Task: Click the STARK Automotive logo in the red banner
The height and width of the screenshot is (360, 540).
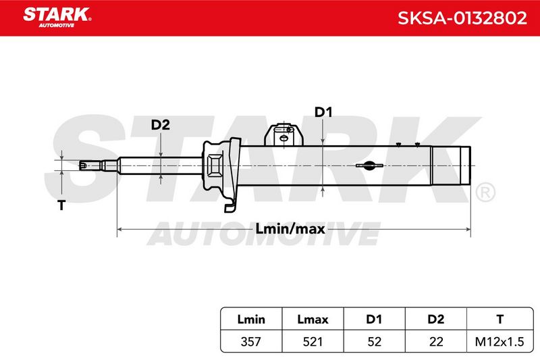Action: pos(57,18)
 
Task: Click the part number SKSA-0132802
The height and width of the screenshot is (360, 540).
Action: pos(462,18)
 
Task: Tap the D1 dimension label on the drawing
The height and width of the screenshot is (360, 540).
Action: pos(323,112)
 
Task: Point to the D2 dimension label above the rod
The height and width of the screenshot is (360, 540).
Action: pos(161,125)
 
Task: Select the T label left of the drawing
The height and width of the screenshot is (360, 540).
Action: pos(61,205)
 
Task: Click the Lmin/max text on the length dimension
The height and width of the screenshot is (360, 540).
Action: pos(290,229)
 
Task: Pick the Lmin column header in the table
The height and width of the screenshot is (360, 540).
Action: pos(251,319)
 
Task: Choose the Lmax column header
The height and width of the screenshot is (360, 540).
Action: pos(313,319)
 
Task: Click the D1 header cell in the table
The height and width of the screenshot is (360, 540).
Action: pos(374,319)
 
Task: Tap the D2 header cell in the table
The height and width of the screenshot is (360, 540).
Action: pos(435,319)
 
